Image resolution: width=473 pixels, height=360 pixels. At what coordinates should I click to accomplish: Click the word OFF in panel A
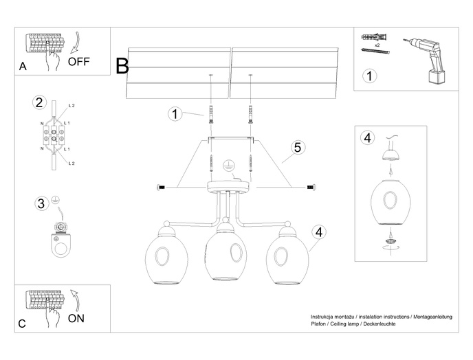(79, 60)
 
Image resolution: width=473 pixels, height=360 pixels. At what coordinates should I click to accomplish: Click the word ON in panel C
(77, 318)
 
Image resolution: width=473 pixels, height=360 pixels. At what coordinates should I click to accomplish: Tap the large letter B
(122, 66)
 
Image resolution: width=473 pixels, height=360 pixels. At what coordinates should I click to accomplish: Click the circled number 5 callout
(296, 147)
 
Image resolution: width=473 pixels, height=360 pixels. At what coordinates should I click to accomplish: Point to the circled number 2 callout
(39, 103)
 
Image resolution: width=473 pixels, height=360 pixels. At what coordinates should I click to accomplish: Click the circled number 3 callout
(41, 203)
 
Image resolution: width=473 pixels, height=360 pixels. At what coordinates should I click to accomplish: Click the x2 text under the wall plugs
(377, 43)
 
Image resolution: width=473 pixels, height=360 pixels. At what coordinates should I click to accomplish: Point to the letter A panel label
(23, 66)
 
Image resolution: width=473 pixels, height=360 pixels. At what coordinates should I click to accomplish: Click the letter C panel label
(22, 323)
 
